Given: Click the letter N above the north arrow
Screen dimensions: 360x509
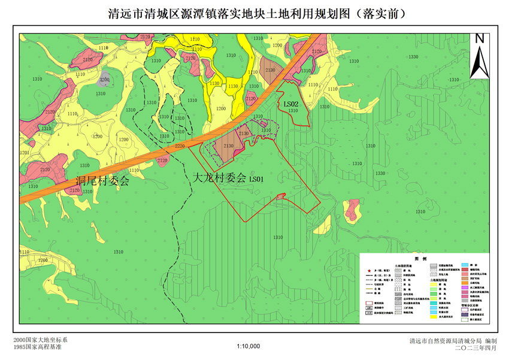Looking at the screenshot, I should point(479,39).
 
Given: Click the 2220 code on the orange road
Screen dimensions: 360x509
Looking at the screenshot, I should point(180,146).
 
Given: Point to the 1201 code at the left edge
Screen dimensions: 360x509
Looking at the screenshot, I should point(24,153).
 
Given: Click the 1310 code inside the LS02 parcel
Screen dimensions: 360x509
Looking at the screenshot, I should point(293,111).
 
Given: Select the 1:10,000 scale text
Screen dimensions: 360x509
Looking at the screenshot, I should point(248,346).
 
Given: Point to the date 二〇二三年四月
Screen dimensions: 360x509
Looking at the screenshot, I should point(475,347).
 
